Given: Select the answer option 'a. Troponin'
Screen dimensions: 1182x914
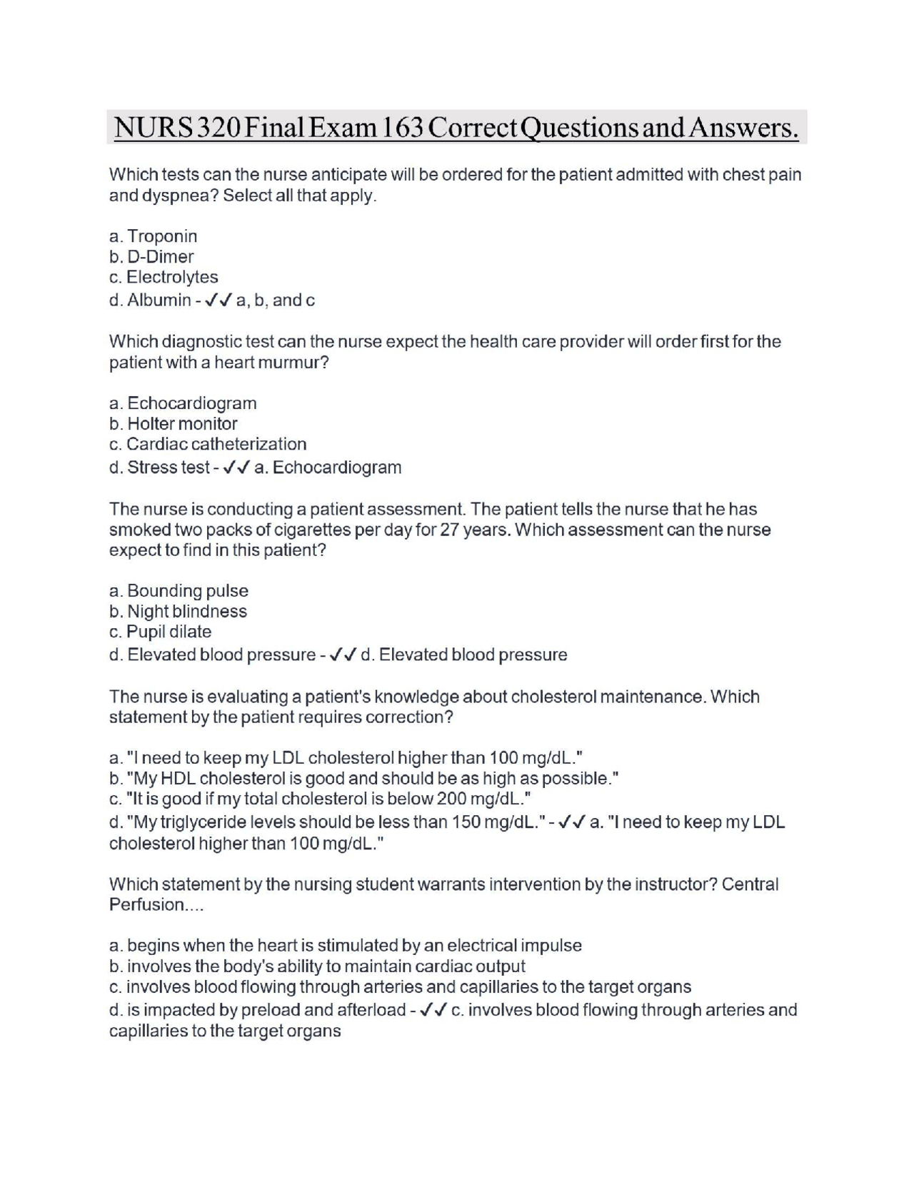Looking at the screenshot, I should click(153, 236).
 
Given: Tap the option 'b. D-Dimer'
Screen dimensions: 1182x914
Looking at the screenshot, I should click(151, 257).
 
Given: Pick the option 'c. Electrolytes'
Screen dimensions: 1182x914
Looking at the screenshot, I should click(164, 277).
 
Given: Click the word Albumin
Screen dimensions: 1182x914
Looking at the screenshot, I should click(159, 300).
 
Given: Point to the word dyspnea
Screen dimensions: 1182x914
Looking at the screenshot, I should click(179, 196).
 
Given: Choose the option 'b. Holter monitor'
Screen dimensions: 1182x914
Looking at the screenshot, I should click(173, 424).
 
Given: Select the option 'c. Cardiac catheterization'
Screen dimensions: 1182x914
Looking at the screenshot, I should click(208, 444).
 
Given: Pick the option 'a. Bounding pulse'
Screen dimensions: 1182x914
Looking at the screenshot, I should click(179, 591).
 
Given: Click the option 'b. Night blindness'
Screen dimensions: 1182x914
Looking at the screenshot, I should click(178, 612).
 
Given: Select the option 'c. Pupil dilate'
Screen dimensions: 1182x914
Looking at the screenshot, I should click(160, 632).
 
